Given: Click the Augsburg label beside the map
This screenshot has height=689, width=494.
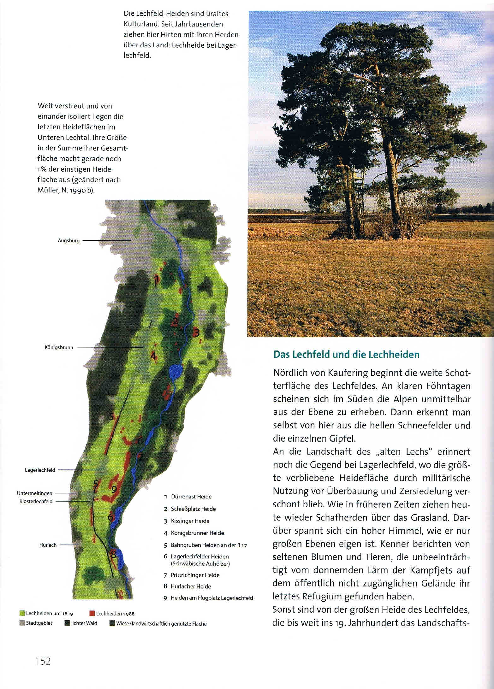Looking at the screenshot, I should pos(68,240).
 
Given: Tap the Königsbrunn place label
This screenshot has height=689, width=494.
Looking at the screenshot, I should pos(59,347).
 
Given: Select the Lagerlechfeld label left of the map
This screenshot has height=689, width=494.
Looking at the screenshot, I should pos(40,470).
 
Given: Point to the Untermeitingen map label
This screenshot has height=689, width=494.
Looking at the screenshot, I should pos(35,493).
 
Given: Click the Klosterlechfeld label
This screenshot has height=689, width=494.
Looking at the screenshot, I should pos(36,501).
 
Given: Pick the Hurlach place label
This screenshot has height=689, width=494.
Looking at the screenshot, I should pos(48,545).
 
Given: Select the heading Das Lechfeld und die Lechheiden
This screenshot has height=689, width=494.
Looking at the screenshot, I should pos(346,355).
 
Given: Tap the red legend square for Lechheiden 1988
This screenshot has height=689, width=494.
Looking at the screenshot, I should pos(92,613).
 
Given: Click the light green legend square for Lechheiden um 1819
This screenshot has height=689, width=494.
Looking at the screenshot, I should pos(22,613).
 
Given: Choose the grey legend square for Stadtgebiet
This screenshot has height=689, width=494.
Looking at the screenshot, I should pos(22,623).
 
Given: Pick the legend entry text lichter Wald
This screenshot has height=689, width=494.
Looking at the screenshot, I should pos(84,623).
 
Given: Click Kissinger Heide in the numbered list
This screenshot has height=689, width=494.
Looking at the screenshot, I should pos(190,521).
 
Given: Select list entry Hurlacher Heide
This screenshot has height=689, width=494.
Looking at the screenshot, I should pos(191,586).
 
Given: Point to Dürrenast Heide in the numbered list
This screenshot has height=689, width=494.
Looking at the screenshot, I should pos(191,497).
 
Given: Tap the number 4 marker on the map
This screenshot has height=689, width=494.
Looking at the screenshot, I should pos(153,356).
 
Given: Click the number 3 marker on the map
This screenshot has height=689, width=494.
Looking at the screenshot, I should pos(197,332).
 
